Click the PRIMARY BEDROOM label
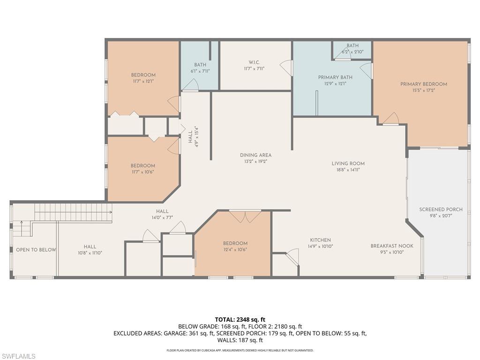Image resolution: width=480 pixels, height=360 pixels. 423,84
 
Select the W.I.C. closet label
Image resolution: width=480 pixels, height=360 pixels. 254,62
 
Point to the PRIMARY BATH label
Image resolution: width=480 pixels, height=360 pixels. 335,77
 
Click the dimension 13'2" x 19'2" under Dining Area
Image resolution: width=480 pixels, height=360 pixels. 255,161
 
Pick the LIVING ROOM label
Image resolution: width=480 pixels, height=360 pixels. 348,164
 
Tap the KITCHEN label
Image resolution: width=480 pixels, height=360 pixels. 320,240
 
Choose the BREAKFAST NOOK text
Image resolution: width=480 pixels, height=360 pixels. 392,246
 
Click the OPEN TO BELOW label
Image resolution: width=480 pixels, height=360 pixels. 36,250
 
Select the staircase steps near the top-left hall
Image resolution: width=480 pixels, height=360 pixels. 75,212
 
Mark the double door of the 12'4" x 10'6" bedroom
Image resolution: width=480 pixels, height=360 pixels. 245,216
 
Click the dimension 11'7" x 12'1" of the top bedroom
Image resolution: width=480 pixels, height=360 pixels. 143,81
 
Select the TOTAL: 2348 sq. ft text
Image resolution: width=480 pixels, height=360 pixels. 240,320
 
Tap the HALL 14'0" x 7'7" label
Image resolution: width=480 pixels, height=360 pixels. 162,211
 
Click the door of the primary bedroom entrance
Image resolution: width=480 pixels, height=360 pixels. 391,119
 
